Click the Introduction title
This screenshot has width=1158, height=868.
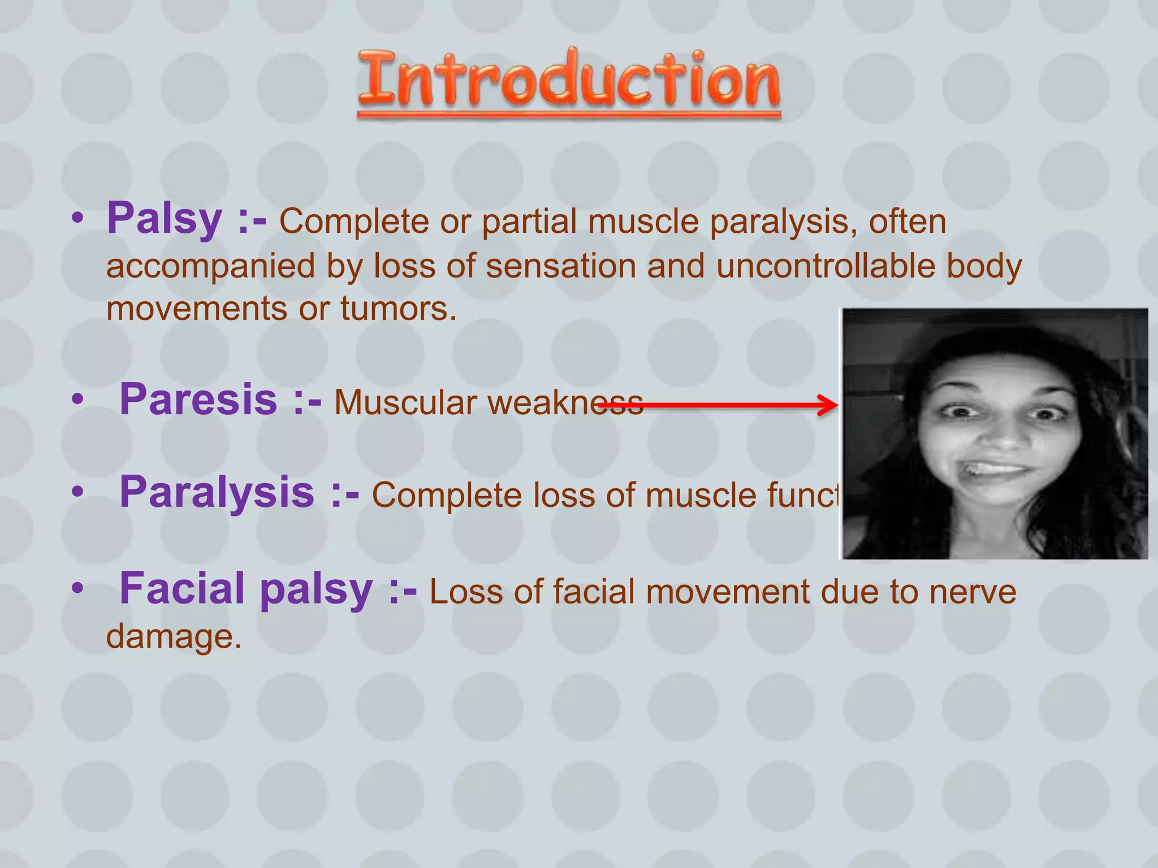pyautogui.click(x=569, y=82)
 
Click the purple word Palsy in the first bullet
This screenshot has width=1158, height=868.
pyautogui.click(x=165, y=219)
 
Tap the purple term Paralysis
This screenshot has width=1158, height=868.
pyautogui.click(x=217, y=493)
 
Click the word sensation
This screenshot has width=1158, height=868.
pyautogui.click(x=561, y=266)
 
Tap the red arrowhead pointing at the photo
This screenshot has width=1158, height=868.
pyautogui.click(x=829, y=405)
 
